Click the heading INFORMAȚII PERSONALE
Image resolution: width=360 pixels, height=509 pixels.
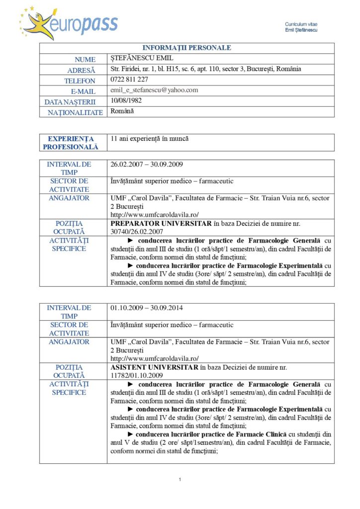click(186, 48)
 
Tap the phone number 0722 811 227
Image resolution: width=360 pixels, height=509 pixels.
click(129, 80)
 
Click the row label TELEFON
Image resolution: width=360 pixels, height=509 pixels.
click(80, 81)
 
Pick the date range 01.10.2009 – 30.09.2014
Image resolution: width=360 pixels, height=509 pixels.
click(147, 308)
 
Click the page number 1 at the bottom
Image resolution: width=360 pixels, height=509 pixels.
click(180, 479)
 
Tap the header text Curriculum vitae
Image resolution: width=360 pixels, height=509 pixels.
click(301, 24)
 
